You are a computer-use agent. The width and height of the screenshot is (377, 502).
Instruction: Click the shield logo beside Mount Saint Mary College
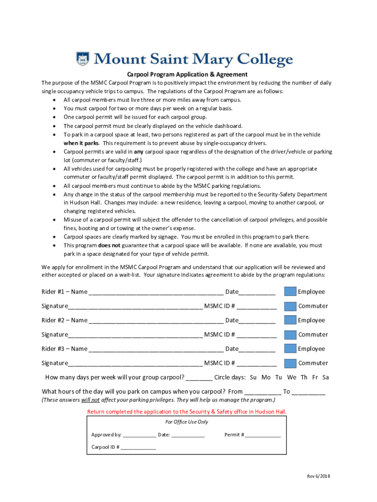pyautogui.click(x=83, y=59)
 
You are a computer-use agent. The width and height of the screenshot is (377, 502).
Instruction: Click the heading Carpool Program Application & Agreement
pyautogui.click(x=188, y=75)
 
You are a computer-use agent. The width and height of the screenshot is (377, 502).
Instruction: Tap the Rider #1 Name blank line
pyautogui.click(x=156, y=293)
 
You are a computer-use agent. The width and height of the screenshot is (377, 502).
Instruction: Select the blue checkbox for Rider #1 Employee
pyautogui.click(x=290, y=292)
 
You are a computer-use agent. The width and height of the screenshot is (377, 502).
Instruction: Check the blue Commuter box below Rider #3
pyautogui.click(x=290, y=363)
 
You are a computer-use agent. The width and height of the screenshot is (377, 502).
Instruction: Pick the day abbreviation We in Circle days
pyautogui.click(x=292, y=377)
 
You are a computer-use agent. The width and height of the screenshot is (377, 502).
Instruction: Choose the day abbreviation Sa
pyautogui.click(x=325, y=377)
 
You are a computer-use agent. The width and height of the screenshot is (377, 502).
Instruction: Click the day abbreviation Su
pyautogui.click(x=253, y=377)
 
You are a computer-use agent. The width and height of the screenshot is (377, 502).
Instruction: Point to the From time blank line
pyautogui.click(x=262, y=392)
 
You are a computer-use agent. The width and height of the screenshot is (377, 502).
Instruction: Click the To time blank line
pyautogui.click(x=310, y=392)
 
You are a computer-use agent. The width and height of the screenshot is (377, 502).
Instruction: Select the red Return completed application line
pyautogui.click(x=187, y=412)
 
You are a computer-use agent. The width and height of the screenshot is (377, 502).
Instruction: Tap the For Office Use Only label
pyautogui.click(x=187, y=422)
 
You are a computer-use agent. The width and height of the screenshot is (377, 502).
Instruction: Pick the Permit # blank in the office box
pyautogui.click(x=263, y=435)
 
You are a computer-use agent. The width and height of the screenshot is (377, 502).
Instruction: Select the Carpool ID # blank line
pyautogui.click(x=139, y=448)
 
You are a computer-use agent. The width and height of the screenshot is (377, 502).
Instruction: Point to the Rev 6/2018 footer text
pyautogui.click(x=319, y=477)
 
